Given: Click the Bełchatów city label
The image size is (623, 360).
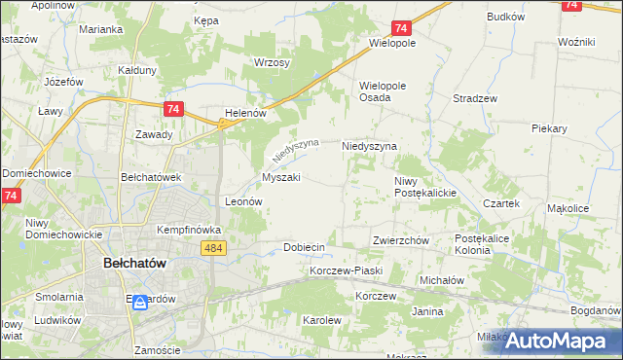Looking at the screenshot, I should (135, 263).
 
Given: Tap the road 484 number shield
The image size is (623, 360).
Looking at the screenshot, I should (215, 250).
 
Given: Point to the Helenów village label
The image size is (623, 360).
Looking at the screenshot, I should (245, 114).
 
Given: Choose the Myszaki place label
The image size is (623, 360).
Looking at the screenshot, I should (280, 178).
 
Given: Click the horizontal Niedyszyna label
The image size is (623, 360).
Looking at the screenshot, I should (369, 146).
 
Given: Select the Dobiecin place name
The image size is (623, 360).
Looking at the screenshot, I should (303, 247).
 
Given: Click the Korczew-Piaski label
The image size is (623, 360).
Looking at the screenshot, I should (347, 270).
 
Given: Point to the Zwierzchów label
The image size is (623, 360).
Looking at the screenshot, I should (401, 240).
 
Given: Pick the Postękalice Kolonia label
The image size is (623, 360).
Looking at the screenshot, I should (487, 244).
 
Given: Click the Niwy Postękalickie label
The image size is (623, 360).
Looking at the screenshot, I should (425, 187).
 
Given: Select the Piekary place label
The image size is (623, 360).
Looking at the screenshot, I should (549, 128).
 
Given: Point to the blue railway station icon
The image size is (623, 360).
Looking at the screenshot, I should (139, 303).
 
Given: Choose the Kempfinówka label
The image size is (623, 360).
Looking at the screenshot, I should (190, 230).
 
